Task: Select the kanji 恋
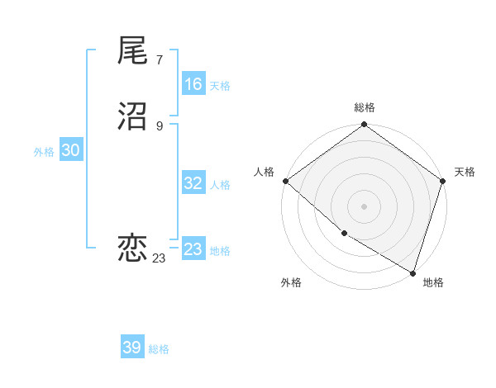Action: click(x=133, y=248)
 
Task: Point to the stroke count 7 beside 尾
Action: click(x=159, y=59)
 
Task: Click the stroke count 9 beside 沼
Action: click(x=159, y=126)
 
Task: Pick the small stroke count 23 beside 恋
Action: click(x=159, y=258)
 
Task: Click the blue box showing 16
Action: click(x=193, y=84)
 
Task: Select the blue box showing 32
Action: click(x=193, y=183)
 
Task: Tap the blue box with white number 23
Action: click(x=193, y=249)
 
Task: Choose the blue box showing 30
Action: click(x=70, y=150)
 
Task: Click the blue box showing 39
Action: click(x=132, y=348)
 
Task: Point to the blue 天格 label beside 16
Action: click(x=220, y=85)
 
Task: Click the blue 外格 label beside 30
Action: click(x=44, y=151)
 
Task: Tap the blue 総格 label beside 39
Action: click(x=159, y=349)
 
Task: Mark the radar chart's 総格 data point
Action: click(x=364, y=125)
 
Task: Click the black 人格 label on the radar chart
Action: click(x=264, y=172)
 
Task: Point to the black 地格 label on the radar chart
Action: click(x=433, y=282)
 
